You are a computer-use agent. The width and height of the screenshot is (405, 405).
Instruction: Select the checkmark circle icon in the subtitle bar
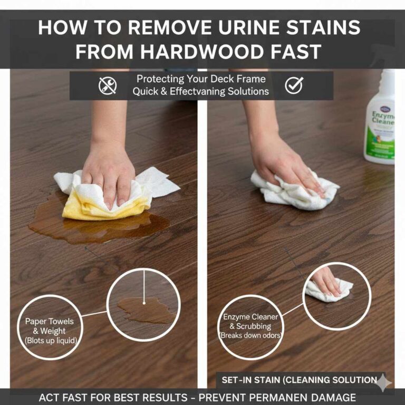point(294,85)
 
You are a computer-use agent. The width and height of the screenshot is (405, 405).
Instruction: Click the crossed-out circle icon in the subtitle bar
point(108,85)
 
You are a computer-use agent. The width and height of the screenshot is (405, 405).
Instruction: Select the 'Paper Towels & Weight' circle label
point(50,326)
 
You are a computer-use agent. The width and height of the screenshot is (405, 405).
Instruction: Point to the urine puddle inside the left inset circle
point(145,310)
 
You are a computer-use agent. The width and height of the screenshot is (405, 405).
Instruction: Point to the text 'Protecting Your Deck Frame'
point(201,79)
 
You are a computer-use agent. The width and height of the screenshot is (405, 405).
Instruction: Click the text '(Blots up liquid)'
point(50,341)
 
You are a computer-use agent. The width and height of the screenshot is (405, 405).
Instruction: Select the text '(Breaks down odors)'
point(250,335)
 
